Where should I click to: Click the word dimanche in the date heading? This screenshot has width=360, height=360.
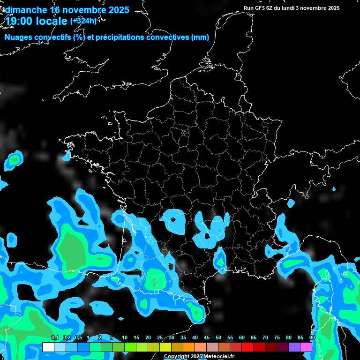(x=26, y=10)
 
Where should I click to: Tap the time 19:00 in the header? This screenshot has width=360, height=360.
(x=20, y=21)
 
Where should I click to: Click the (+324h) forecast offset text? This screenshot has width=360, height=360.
(x=83, y=21)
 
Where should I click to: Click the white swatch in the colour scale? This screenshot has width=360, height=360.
(x=48, y=347)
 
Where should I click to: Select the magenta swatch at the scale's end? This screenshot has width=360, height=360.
(x=306, y=347)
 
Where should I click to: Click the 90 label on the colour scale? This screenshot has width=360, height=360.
(x=312, y=338)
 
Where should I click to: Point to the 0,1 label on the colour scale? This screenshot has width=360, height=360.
(x=55, y=338)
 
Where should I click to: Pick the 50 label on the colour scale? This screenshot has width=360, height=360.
(x=218, y=338)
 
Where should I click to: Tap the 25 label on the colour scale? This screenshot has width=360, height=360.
(x=160, y=338)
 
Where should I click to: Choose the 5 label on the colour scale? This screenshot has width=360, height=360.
(x=112, y=338)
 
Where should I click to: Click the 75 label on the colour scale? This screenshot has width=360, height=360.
(x=277, y=338)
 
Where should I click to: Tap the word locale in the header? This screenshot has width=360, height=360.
(x=52, y=21)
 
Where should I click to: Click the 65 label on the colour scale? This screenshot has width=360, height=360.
(x=254, y=338)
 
